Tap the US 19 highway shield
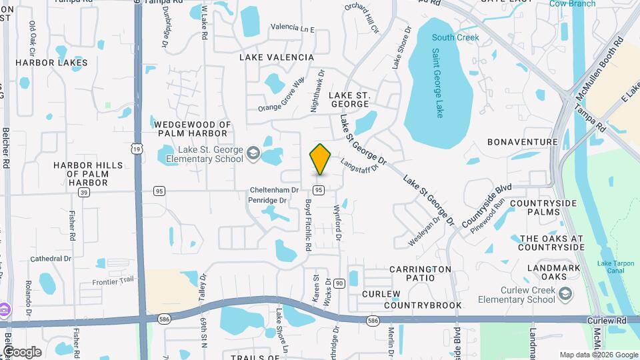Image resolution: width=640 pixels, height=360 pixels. pos(136,150)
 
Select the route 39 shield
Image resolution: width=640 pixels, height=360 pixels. pos(83,192)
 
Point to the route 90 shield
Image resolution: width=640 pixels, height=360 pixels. pos(339,284)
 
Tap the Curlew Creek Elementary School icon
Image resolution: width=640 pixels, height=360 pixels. pos(565,293)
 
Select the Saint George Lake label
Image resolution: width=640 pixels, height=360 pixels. pos(437,83)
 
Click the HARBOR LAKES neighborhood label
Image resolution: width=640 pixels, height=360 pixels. pos(51,63)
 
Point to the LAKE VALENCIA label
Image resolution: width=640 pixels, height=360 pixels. pos(277,57)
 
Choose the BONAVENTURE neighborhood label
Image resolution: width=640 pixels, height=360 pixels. pos(522,142)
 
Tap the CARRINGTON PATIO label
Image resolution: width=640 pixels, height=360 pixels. pos(421,274)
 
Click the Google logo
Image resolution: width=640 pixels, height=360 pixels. pos(21,352)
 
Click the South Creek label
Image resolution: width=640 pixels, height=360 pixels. pos(455,37)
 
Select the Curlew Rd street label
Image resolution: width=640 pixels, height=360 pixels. pos(607,321)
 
